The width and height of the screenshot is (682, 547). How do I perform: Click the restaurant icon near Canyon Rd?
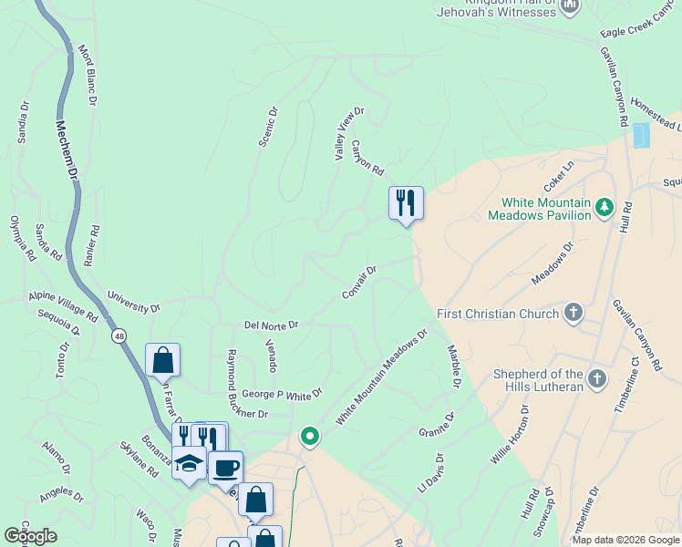[406, 202]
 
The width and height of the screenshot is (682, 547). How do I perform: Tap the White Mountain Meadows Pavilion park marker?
[603, 208]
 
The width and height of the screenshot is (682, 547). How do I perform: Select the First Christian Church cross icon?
[573, 314]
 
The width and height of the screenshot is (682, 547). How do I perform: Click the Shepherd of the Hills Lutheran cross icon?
[596, 378]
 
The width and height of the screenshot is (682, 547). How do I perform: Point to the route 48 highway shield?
[120, 336]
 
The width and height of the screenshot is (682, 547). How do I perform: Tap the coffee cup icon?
[226, 468]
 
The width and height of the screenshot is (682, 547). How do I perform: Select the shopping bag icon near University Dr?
[162, 360]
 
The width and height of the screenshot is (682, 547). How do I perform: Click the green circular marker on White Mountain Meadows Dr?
[310, 437]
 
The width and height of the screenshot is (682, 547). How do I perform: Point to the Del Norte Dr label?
[271, 325]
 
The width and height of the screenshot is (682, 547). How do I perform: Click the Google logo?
[31, 536]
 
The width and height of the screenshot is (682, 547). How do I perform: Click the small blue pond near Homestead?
[642, 135]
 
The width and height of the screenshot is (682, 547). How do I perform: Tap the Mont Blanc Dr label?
[87, 75]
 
